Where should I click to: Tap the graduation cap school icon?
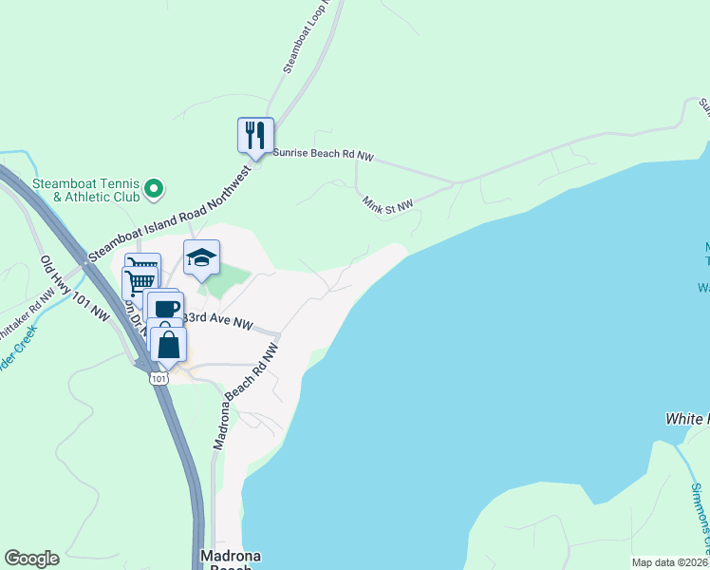pos(201,257)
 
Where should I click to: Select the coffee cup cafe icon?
pos(165,309)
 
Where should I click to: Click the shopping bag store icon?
pos(168,346)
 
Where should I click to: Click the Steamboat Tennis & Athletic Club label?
pos(84,190)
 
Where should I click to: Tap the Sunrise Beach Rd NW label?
pos(324,152)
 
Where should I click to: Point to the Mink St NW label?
pos(388,203)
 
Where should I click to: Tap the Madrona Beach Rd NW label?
pos(246,396)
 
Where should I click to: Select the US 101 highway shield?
pos(158,379)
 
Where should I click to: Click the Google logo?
pos(31,559)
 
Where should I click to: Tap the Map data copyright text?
pos(670,562)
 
